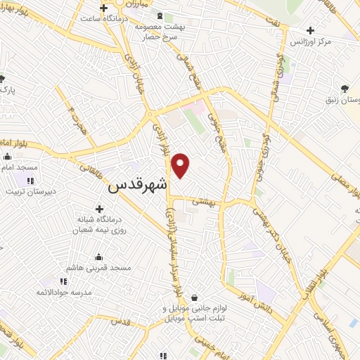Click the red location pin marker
click(x=181, y=165)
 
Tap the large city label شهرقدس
click(x=139, y=187)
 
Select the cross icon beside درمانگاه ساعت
click(x=103, y=8)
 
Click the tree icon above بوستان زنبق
click(x=345, y=88)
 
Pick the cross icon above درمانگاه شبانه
click(x=99, y=209)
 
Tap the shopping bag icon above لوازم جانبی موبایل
click(x=193, y=297)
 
